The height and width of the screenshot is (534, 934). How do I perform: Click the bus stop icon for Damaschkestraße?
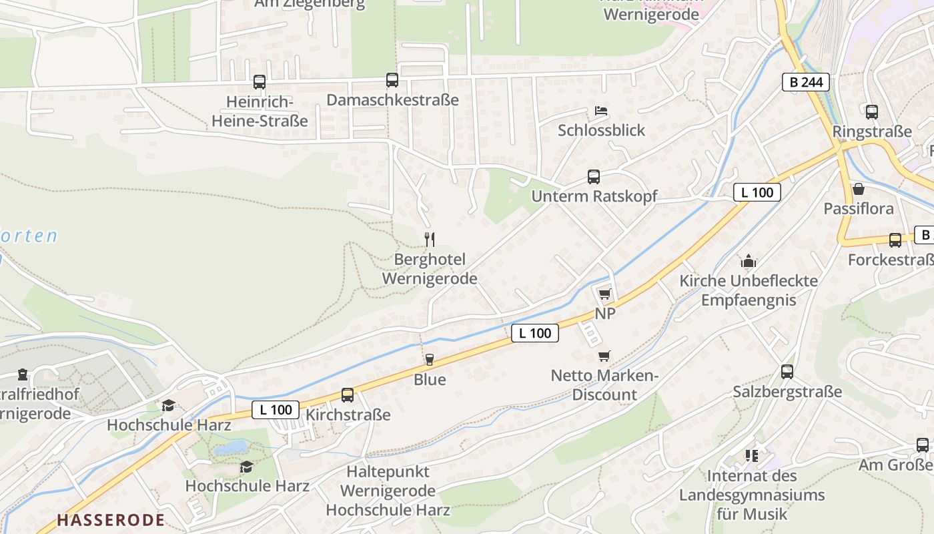[392, 80]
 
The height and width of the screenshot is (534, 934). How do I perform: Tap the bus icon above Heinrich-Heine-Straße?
[260, 82]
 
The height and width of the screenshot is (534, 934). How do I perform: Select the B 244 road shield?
[806, 82]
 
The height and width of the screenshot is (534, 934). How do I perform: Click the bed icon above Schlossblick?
[601, 110]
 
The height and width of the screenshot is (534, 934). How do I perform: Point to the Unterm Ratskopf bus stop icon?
[594, 176]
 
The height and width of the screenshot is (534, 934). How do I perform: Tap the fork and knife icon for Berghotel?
[430, 239]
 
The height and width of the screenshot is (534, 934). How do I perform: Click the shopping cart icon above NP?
[604, 294]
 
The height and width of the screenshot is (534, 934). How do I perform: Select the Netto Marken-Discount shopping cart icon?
[604, 356]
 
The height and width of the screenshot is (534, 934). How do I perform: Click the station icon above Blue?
[430, 360]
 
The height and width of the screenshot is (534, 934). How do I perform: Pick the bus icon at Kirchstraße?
[348, 394]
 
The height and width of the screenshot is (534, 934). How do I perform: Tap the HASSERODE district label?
[111, 520]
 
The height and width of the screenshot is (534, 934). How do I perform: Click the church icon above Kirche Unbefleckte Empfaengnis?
[749, 261]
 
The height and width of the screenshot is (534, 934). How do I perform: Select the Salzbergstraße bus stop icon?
[787, 372]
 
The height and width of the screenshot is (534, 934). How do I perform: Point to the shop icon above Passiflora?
[859, 189]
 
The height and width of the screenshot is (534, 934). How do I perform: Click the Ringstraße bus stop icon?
[871, 111]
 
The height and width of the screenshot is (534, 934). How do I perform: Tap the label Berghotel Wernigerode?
[430, 269]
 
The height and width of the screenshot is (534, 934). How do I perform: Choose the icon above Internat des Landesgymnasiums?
[752, 456]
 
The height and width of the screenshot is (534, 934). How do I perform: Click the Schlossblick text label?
[602, 130]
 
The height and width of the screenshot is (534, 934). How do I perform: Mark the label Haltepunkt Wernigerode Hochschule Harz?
[388, 491]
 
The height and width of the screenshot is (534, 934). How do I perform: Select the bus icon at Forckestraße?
[895, 240]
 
